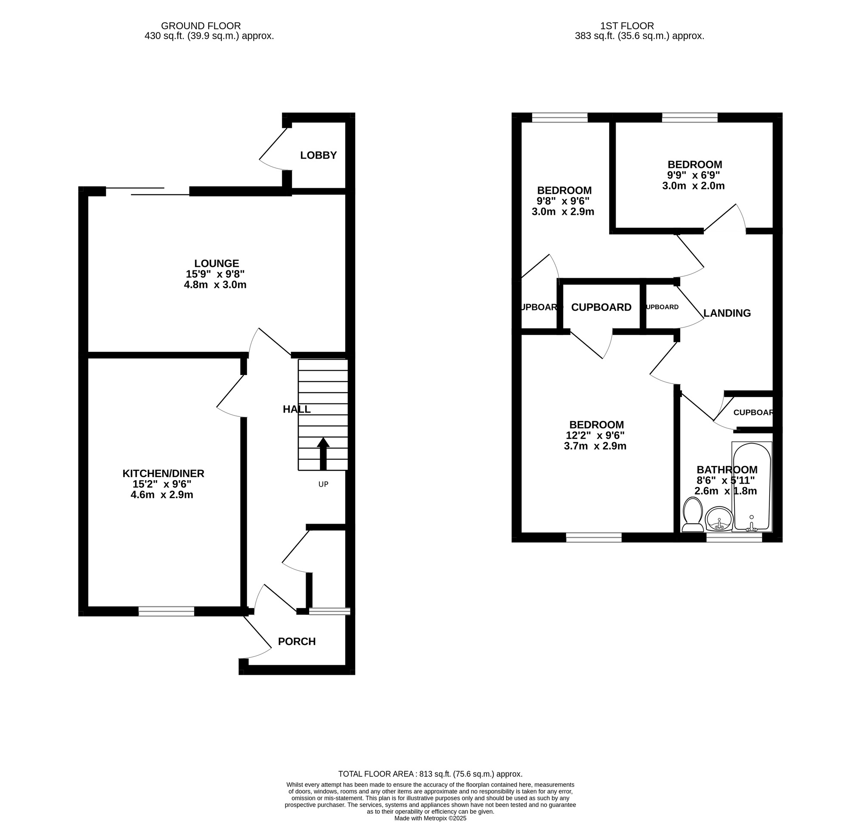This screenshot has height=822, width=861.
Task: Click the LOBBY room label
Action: (318, 155)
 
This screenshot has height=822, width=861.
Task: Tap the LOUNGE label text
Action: (217, 264)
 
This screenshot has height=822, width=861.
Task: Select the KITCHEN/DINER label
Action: (163, 473)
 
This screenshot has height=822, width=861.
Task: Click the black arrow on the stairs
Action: (323, 453)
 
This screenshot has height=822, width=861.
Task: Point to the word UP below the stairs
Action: (323, 484)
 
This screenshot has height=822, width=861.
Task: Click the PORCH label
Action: (297, 642)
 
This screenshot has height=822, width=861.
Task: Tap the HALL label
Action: (297, 409)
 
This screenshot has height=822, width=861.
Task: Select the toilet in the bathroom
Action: (693, 515)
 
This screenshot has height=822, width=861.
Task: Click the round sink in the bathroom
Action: (719, 520)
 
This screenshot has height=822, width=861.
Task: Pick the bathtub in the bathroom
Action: (752, 487)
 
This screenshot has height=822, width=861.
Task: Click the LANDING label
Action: (727, 313)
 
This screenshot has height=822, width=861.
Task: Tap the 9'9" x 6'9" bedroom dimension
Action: (693, 175)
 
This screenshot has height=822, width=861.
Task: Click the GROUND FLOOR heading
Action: (201, 26)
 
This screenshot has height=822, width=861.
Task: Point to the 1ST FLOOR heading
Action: (639, 26)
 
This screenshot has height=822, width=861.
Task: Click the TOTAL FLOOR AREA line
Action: (430, 774)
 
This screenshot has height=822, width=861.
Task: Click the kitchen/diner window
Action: (166, 611)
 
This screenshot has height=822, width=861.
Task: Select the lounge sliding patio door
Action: (148, 192)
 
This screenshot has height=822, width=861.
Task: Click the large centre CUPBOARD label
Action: (601, 307)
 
